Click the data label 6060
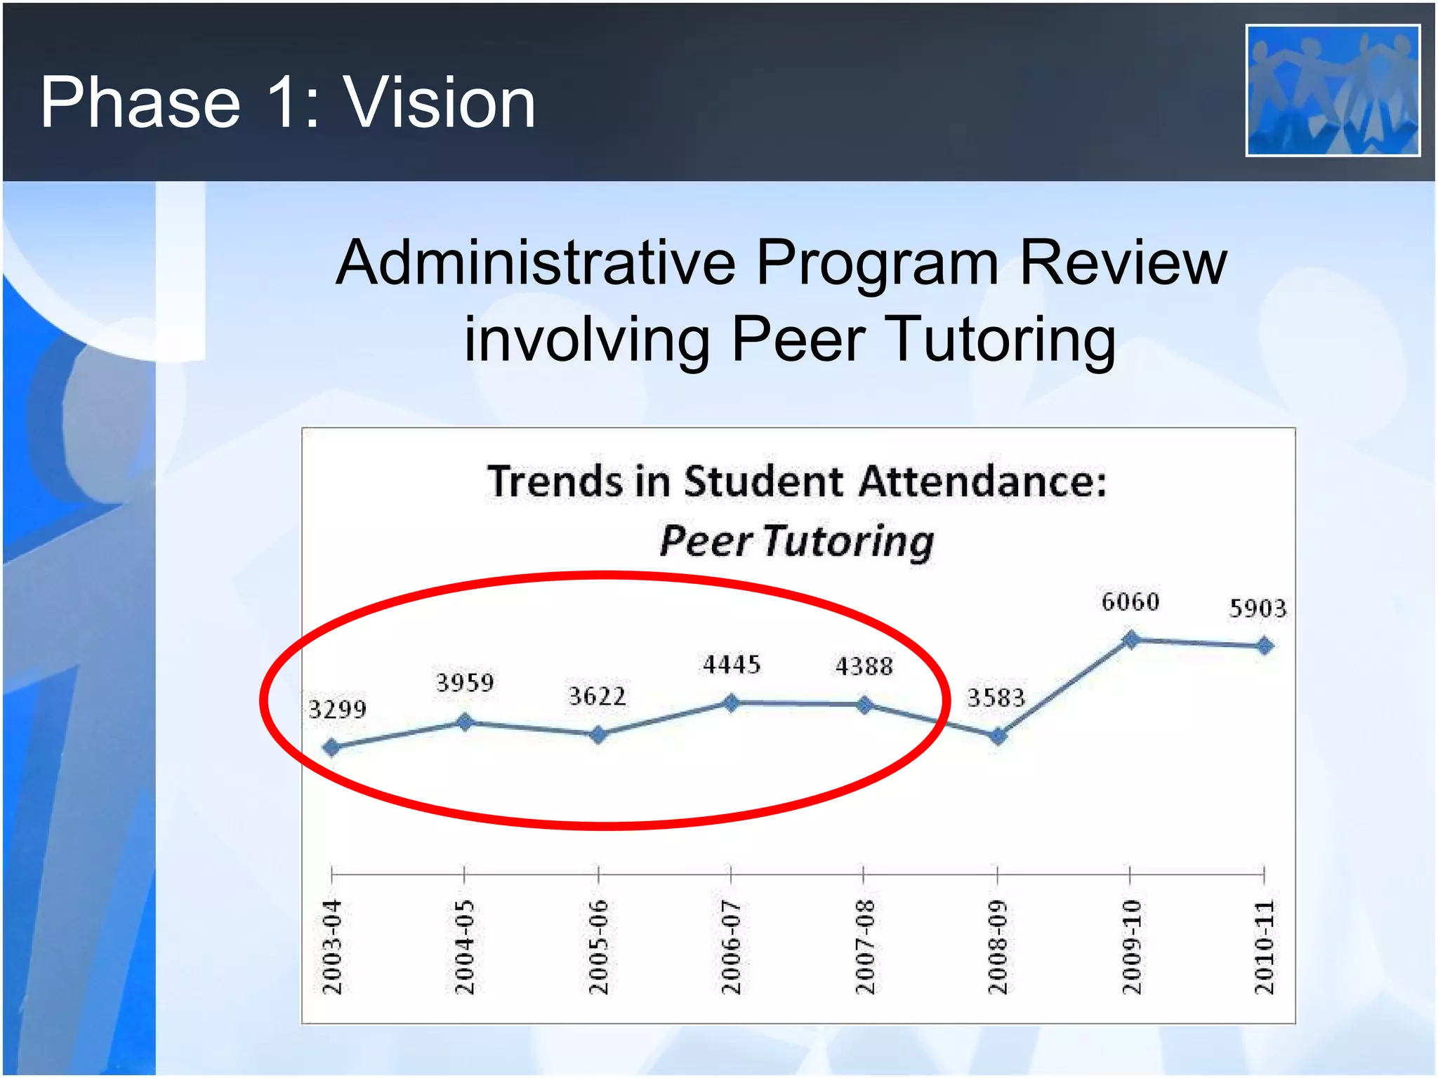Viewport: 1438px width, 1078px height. click(1130, 602)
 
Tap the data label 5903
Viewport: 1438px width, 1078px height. click(1258, 608)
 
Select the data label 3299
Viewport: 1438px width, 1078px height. click(337, 710)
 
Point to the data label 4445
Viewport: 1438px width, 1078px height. click(732, 665)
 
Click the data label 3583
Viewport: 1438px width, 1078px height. click(996, 698)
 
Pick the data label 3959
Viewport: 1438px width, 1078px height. click(465, 682)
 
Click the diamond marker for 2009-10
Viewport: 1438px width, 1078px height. click(1130, 639)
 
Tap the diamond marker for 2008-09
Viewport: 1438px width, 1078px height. click(998, 736)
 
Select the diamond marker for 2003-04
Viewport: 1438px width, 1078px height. click(331, 747)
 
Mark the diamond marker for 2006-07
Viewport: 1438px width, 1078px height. click(731, 702)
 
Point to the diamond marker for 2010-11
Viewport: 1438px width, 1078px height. click(1265, 646)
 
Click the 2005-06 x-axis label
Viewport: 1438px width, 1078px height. click(598, 947)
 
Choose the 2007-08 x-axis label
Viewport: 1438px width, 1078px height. click(864, 947)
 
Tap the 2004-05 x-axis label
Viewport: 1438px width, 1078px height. click(465, 947)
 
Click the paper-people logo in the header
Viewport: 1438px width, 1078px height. click(1333, 91)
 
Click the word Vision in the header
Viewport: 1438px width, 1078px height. click(439, 103)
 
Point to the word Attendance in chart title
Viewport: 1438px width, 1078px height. click(982, 482)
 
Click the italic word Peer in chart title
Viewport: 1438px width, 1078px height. click(706, 542)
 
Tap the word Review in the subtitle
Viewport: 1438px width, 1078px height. click(1123, 263)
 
